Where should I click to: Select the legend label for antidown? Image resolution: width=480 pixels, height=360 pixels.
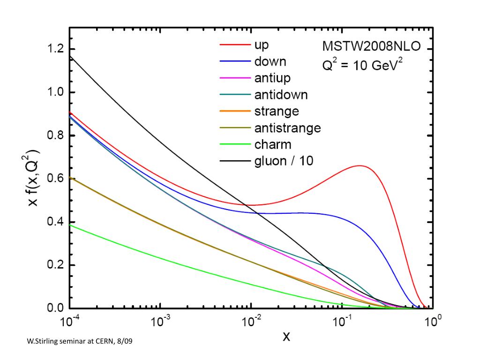click(281, 95)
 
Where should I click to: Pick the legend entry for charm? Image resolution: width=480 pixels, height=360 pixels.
click(272, 144)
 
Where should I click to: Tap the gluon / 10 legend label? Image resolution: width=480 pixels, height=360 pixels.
click(284, 161)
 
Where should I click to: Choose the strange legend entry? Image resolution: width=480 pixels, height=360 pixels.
click(277, 111)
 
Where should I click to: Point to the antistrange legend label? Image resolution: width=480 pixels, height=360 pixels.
click(287, 127)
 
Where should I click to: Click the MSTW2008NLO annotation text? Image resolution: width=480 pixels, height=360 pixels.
click(371, 46)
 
